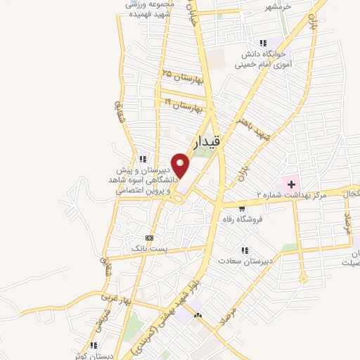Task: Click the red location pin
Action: (x=181, y=165)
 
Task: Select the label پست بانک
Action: (x=148, y=249)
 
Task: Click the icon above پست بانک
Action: (x=148, y=238)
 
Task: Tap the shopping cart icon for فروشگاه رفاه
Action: (x=241, y=208)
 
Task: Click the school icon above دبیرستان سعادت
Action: (x=245, y=250)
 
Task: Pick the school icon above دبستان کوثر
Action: (x=94, y=345)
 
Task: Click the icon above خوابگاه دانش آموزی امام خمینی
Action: (x=264, y=43)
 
